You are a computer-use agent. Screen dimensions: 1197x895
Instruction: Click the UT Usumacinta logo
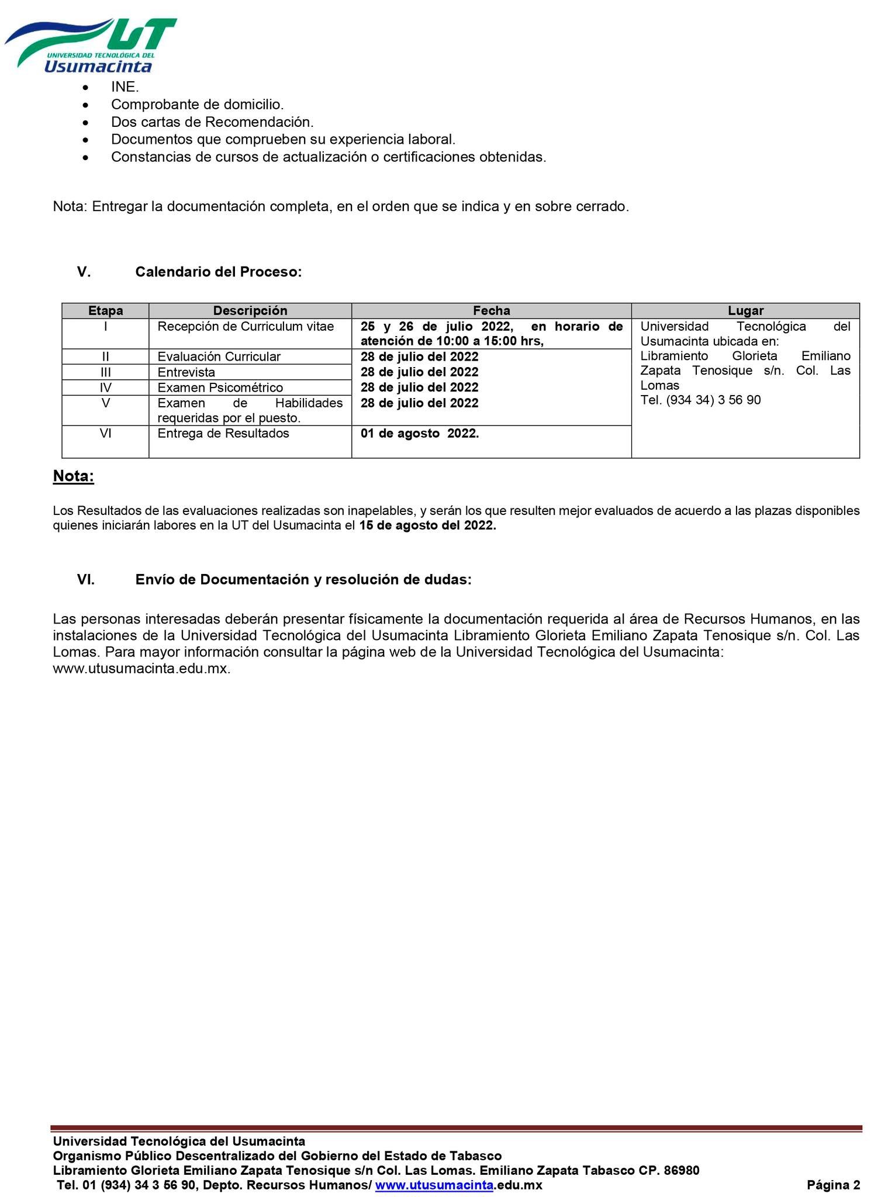pos(91,45)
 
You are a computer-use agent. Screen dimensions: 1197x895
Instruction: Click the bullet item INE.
pos(125,87)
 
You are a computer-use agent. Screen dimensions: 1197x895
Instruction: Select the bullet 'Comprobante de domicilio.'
pos(197,105)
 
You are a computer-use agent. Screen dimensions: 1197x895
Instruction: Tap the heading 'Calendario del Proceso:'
pos(218,272)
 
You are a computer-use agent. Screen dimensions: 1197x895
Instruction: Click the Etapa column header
pos(105,311)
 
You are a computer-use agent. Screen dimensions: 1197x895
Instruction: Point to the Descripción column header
pos(250,311)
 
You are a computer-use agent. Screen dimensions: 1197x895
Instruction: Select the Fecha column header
pos(491,311)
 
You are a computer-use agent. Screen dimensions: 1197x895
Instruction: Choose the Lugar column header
pos(745,311)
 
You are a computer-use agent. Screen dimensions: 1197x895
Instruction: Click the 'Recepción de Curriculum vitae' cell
pos(246,327)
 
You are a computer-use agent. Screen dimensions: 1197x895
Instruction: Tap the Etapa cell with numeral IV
pos(105,388)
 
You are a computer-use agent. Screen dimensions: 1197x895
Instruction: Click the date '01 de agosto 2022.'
pos(419,434)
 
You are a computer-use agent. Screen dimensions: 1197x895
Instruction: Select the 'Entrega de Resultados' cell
pos(223,434)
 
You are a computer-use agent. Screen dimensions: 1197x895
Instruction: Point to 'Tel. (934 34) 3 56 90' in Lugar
pos(700,400)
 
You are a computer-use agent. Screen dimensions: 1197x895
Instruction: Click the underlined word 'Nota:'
pos(73,476)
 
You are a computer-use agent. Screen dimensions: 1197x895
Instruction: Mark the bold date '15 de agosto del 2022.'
pos(427,525)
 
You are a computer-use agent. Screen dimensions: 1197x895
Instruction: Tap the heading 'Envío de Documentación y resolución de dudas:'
pos(303,580)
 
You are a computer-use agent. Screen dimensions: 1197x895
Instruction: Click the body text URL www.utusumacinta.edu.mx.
pos(141,669)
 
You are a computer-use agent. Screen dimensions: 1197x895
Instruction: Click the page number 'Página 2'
pos(833,1185)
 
